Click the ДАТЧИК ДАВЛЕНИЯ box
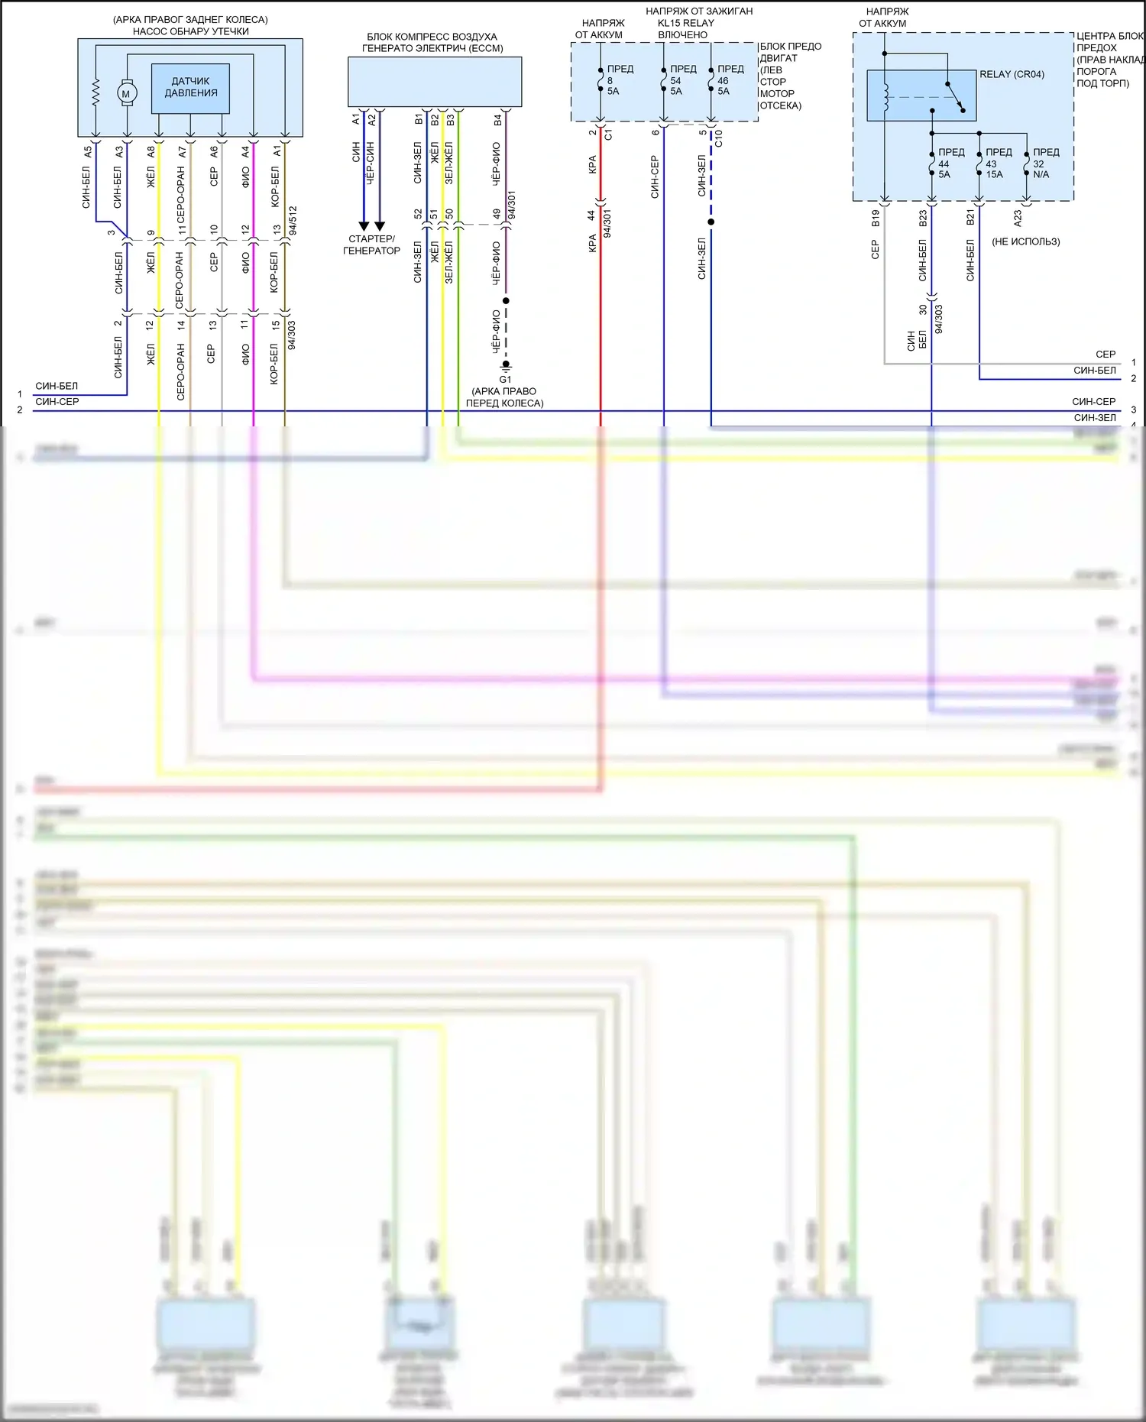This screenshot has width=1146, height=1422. click(190, 88)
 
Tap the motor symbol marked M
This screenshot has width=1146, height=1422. click(126, 93)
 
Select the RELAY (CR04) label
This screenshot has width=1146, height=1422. click(1012, 74)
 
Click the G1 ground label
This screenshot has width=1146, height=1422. click(505, 379)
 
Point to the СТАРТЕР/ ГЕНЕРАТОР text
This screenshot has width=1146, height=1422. click(371, 245)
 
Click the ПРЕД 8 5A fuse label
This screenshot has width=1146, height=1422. click(618, 79)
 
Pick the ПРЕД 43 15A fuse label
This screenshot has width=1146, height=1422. click(997, 163)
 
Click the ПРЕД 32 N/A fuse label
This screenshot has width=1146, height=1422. click(1044, 163)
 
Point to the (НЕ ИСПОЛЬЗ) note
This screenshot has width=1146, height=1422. click(1025, 241)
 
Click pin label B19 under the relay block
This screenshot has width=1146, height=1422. click(876, 219)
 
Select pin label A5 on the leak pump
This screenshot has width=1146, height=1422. click(87, 152)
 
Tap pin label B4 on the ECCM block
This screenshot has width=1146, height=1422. click(497, 120)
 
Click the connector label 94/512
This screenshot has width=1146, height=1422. click(293, 219)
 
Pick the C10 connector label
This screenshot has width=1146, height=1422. click(718, 138)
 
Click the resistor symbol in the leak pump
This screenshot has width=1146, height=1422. click(95, 93)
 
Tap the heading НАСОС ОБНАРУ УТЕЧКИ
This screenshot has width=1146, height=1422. click(190, 31)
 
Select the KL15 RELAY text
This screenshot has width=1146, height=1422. click(685, 23)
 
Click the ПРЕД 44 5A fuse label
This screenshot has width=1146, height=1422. click(950, 163)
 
